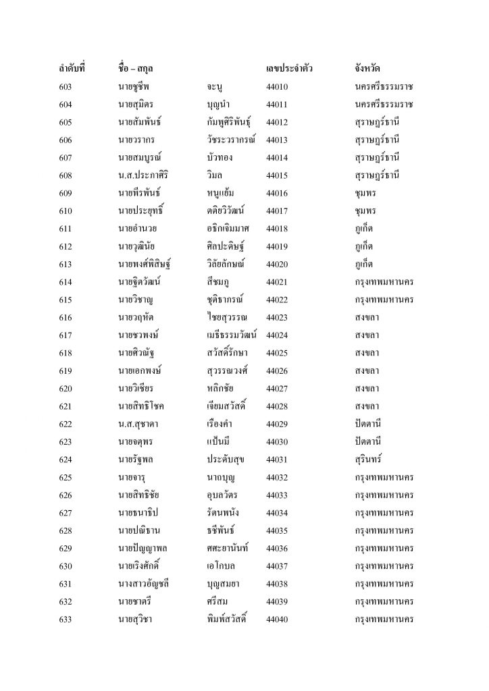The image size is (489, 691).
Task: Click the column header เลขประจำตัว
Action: tap(290, 69)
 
